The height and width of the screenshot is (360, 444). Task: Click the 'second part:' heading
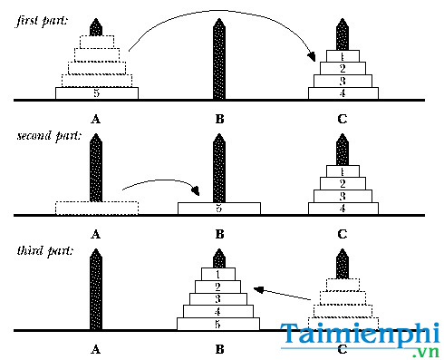click(x=48, y=136)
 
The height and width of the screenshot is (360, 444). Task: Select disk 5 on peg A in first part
click(x=97, y=92)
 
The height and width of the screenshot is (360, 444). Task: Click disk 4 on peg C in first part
click(x=343, y=92)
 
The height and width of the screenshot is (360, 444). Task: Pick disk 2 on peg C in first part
click(x=343, y=68)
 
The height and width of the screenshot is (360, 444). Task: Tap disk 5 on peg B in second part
click(x=219, y=208)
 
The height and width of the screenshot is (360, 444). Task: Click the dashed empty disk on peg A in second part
click(x=97, y=208)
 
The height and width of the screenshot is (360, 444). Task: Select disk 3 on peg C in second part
click(x=343, y=196)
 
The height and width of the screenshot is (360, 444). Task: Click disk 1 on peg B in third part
click(x=219, y=273)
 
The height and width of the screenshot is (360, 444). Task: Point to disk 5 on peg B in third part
click(x=219, y=324)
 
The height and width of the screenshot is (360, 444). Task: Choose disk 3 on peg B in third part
click(x=219, y=298)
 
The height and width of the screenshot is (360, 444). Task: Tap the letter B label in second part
click(x=219, y=233)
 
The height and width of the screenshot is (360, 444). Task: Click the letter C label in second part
click(x=343, y=233)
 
